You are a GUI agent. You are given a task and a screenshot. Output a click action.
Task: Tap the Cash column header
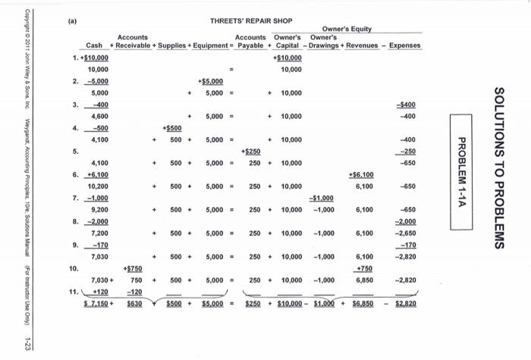pos(94,45)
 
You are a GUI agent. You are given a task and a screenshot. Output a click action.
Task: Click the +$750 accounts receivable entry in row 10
pos(134,268)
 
